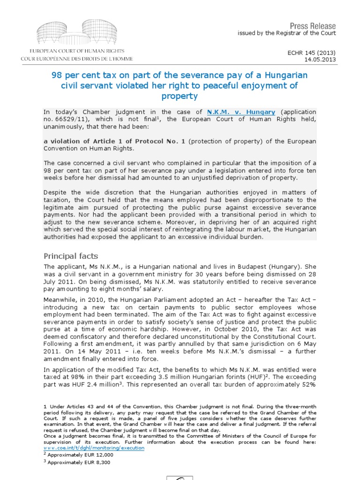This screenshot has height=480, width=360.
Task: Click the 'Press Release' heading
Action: tap(313, 25)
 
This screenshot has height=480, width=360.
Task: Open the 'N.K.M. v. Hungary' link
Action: tap(241, 112)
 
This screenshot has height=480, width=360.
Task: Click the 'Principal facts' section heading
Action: tap(71, 256)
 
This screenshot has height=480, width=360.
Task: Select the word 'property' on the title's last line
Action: tap(180, 96)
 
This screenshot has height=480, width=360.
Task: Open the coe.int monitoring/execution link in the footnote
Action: tap(94, 448)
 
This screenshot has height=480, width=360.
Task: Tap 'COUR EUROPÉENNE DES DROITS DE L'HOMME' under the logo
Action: tap(77, 59)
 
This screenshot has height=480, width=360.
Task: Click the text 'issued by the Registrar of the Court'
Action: tap(287, 33)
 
